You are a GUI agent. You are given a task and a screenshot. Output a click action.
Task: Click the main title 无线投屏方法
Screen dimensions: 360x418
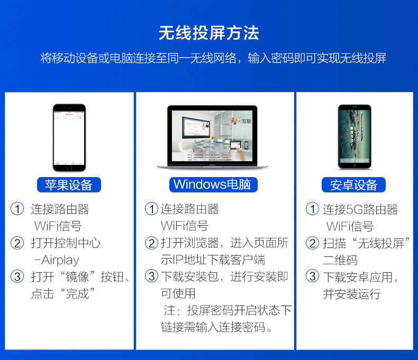pyautogui.click(x=208, y=33)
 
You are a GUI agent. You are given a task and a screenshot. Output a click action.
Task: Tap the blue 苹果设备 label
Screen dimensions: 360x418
pyautogui.click(x=69, y=184)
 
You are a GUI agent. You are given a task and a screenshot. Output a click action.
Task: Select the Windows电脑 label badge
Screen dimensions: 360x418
pyautogui.click(x=214, y=184)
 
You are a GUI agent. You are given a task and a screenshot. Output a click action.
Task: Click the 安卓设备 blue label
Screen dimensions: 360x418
pyautogui.click(x=353, y=184)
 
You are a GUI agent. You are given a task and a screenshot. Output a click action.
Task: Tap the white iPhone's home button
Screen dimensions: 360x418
pyautogui.click(x=68, y=167)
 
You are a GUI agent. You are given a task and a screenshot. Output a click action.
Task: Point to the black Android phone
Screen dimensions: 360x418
pyautogui.click(x=355, y=136)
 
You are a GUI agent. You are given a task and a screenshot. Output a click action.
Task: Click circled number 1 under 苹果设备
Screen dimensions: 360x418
pyautogui.click(x=17, y=209)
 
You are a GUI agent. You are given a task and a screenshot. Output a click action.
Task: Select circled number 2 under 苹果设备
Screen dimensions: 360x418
pyautogui.click(x=17, y=243)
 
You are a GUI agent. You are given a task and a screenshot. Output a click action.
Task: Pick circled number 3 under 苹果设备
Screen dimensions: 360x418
pyautogui.click(x=17, y=276)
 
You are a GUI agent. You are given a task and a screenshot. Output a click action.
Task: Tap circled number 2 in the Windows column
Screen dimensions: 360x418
pyautogui.click(x=152, y=243)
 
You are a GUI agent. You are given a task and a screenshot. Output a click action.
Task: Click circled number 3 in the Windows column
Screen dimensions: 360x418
pyautogui.click(x=152, y=276)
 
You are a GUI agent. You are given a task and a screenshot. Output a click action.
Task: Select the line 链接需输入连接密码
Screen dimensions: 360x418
pyautogui.click(x=217, y=327)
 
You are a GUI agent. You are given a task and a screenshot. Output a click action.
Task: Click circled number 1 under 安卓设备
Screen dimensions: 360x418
pyautogui.click(x=312, y=209)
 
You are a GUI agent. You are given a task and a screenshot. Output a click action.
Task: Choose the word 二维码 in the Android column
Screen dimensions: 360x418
pyautogui.click(x=340, y=260)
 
